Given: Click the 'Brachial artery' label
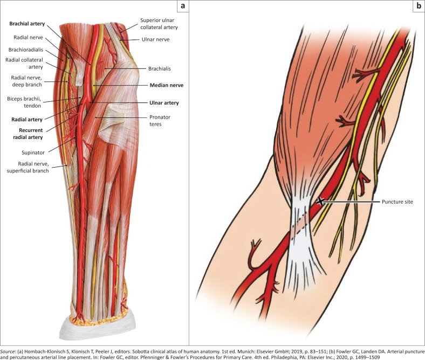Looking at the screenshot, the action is pos(27,24).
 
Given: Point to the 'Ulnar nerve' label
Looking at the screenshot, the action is pos(159,39).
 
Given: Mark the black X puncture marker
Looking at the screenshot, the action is pos(321,202).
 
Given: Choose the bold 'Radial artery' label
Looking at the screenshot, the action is pos(25,119).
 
